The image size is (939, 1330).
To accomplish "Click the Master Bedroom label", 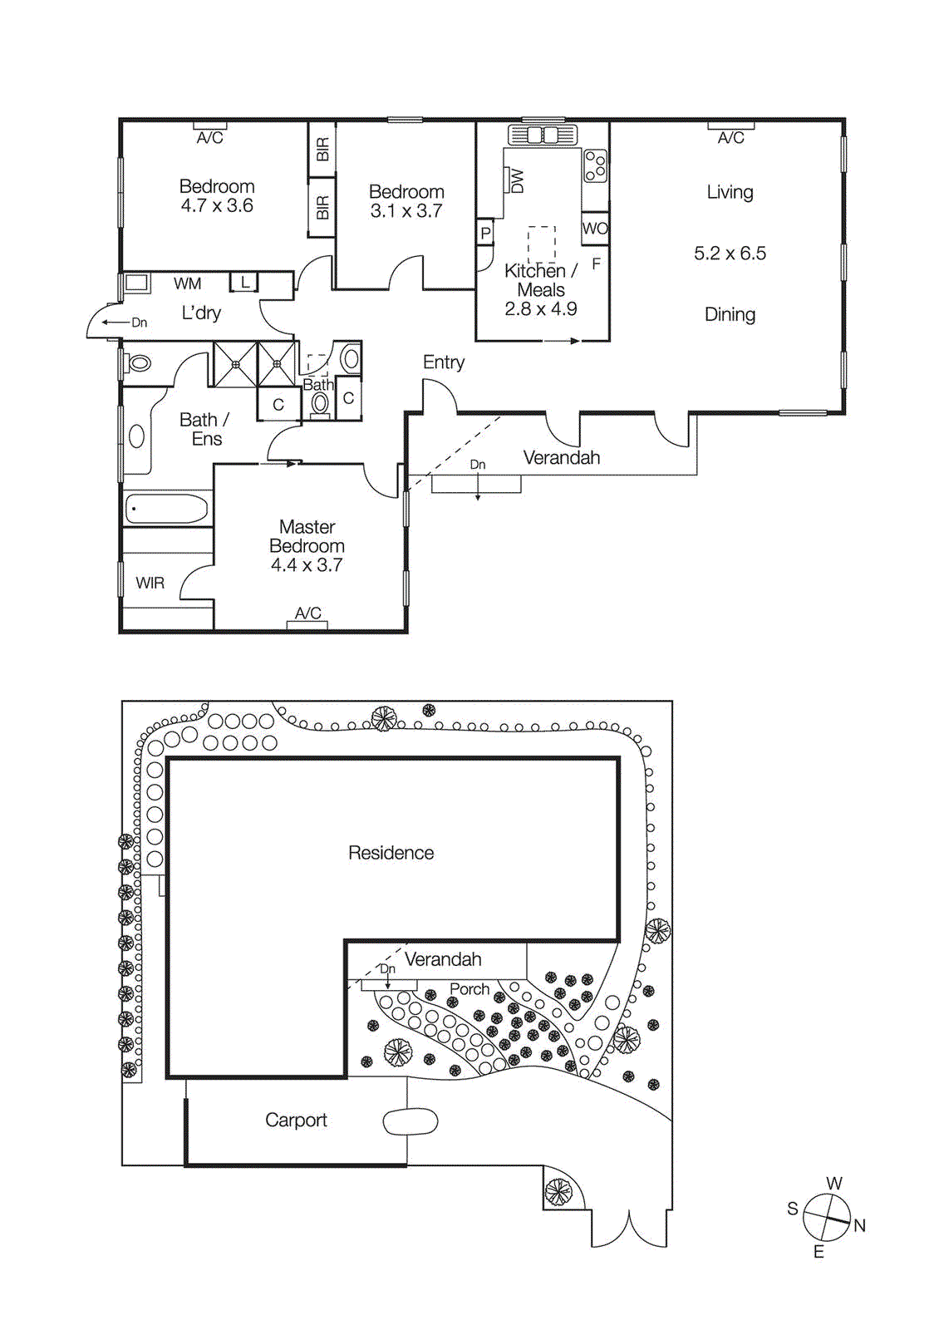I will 307,536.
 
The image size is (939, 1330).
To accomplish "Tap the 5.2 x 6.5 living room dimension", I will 730,254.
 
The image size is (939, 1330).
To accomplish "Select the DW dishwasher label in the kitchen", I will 516,180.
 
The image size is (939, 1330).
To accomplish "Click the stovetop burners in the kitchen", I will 595,165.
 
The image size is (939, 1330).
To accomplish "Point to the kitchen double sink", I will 542,135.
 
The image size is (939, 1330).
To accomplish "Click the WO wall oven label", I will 595,229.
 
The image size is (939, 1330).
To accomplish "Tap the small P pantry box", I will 485,234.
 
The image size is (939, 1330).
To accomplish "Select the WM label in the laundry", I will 187,284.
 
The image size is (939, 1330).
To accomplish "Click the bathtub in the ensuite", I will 166,509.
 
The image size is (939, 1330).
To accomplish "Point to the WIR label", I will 150,584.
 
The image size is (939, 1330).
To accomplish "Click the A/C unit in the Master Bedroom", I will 307,624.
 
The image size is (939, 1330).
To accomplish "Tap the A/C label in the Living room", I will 730,138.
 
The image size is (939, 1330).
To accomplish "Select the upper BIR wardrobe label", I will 322,150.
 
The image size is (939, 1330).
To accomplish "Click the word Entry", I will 443,362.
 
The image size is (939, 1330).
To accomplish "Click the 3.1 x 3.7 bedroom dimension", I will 406,211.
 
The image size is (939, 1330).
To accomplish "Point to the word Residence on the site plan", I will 391,853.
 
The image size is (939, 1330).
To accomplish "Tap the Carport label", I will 296,1121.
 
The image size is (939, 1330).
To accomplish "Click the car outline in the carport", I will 410,1121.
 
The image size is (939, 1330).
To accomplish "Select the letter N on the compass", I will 859,1225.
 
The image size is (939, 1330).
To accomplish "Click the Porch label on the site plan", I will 469,989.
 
